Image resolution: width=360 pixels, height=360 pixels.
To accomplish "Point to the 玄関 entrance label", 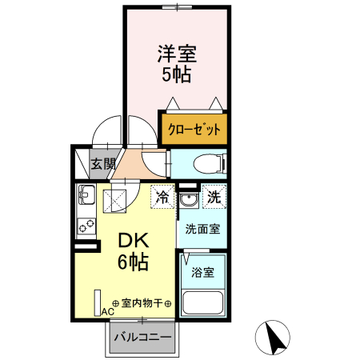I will pos(101,166).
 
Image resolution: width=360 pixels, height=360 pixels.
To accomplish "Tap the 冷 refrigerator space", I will pos(163,195).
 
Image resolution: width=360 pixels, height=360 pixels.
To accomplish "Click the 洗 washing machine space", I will pos(214,195).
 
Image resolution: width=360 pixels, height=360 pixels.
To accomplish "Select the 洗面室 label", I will pos(202,228).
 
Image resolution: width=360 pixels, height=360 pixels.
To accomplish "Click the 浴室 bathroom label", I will pos(202,272).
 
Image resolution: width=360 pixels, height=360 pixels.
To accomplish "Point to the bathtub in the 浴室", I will pos(204,302).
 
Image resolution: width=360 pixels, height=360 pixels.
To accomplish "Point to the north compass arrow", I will pos(276,337).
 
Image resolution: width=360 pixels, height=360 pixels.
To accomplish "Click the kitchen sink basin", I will pos(86,195).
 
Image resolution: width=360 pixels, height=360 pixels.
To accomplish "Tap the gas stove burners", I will pos(86,223).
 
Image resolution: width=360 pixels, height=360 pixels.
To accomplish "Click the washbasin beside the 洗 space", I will pos(189,198).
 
